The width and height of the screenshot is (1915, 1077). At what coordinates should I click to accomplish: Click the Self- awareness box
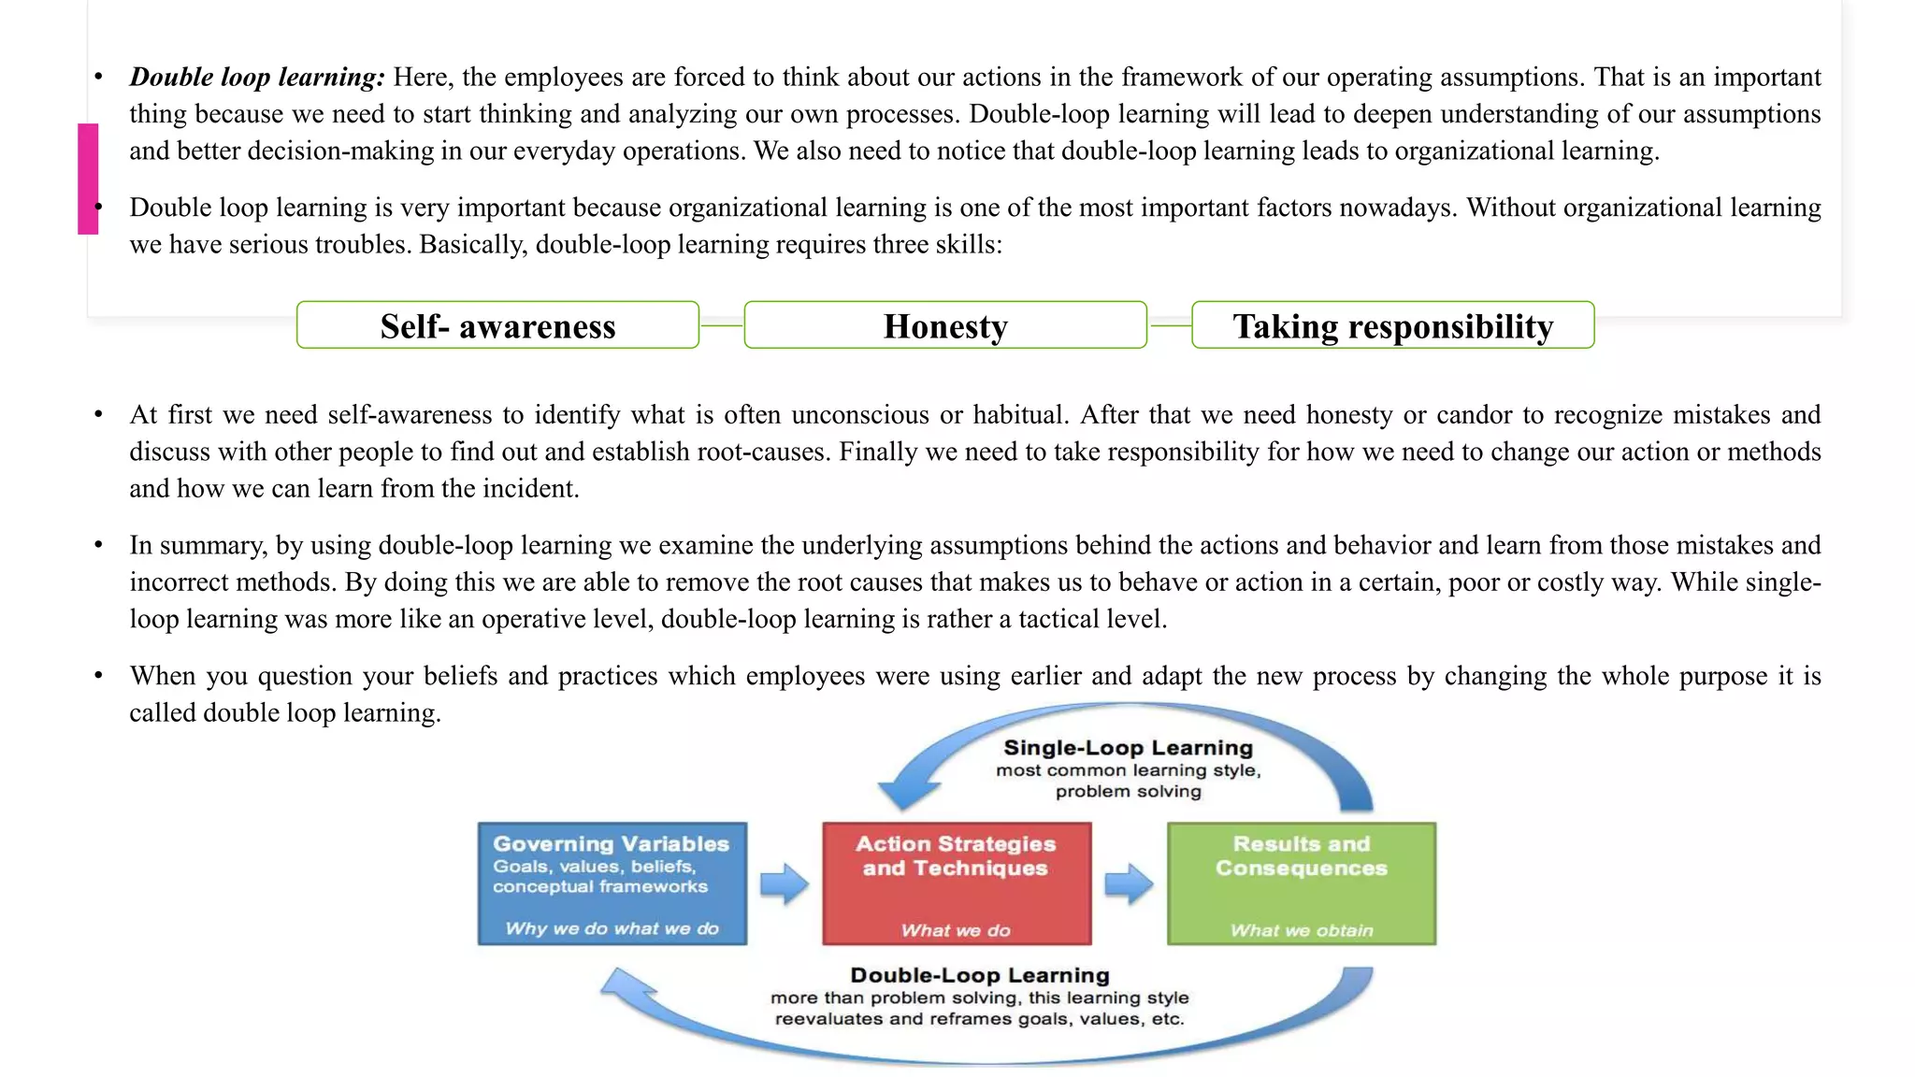coord(497,325)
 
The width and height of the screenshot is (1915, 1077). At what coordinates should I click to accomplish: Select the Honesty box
coord(945,325)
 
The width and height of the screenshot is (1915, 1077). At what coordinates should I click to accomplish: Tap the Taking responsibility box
coord(1392,325)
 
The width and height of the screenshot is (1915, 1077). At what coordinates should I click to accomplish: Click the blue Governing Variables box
coord(612,883)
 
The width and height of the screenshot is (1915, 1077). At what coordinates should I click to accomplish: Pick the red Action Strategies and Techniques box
coord(957,883)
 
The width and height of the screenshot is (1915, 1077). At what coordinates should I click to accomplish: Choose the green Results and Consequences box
coord(1301,883)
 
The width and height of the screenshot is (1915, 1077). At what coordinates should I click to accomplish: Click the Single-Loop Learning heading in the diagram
coord(1128,748)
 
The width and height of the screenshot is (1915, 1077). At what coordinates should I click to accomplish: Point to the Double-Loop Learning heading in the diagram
coord(979,975)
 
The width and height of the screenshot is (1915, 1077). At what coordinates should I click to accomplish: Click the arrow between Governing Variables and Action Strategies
coord(784,883)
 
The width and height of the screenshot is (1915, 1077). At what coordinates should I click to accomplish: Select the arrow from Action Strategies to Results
coord(1129,883)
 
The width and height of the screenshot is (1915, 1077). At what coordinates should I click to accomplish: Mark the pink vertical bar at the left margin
coord(88,178)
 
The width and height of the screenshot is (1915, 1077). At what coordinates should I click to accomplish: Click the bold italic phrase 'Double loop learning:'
coord(257,77)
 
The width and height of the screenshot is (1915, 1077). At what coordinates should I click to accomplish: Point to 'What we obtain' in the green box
coord(1301,930)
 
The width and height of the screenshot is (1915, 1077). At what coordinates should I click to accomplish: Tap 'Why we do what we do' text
coord(612,928)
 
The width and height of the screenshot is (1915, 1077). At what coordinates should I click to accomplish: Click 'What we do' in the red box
coord(956,930)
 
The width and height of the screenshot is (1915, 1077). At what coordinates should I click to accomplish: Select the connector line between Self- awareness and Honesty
coord(721,325)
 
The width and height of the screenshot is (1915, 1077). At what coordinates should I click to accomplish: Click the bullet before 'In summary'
coord(98,545)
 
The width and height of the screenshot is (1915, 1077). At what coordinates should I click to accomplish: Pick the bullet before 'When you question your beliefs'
coord(98,676)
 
